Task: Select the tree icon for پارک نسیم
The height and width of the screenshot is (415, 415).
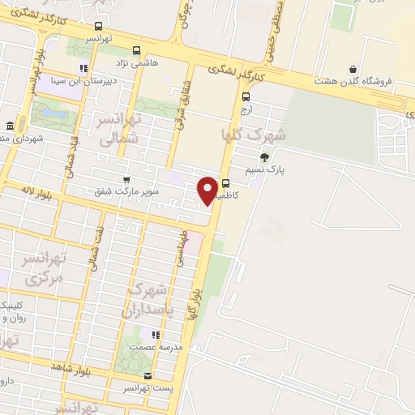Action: pyautogui.click(x=263, y=157)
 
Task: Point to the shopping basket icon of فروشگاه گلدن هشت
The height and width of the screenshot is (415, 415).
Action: pyautogui.click(x=353, y=69)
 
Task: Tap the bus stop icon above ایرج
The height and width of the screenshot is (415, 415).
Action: pyautogui.click(x=246, y=96)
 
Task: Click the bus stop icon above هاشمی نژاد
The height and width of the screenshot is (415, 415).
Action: pyautogui.click(x=136, y=49)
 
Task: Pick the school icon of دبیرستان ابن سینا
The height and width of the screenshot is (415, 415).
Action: pyautogui.click(x=83, y=68)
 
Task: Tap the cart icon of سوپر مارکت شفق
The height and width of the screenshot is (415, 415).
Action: pyautogui.click(x=126, y=179)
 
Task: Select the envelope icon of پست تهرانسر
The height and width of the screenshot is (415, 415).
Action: pyautogui.click(x=147, y=375)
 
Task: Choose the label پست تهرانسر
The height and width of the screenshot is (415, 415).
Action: pyautogui.click(x=147, y=388)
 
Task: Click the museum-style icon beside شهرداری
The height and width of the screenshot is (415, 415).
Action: pyautogui.click(x=10, y=126)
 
